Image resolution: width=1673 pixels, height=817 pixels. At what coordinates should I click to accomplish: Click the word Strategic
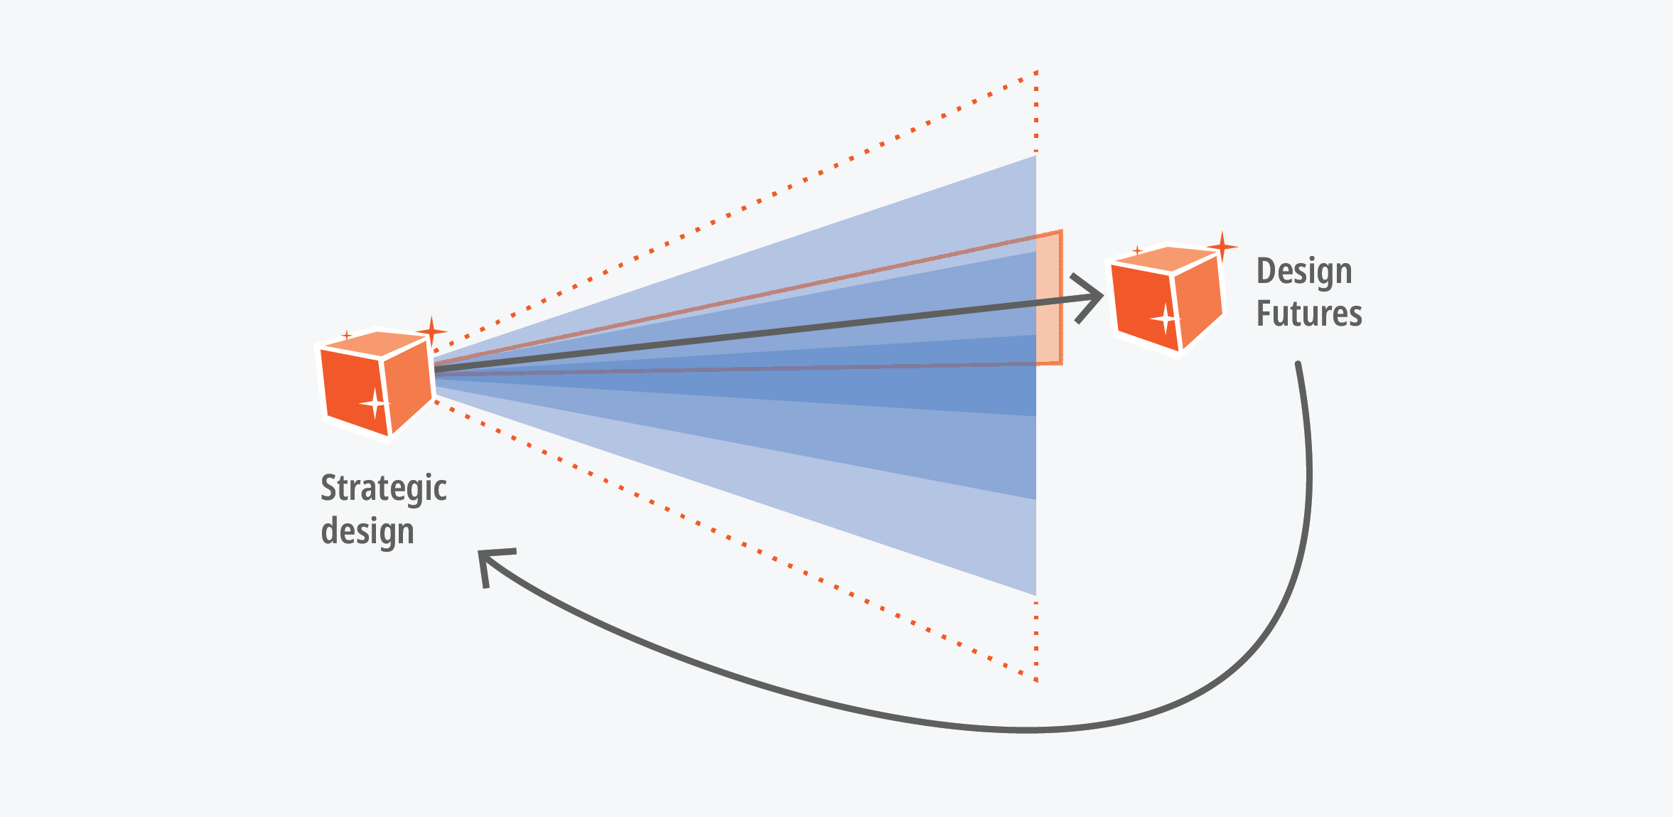coord(383,488)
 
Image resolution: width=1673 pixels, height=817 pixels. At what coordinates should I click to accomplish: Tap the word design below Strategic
coord(367,531)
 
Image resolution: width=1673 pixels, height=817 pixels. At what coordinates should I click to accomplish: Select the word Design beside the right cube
coord(1303,272)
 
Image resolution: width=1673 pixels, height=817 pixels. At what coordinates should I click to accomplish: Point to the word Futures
coord(1308,314)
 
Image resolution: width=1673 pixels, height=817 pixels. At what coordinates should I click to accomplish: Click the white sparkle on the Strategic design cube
coord(374,403)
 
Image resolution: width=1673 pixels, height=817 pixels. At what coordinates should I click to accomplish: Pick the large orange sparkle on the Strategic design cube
coord(431,331)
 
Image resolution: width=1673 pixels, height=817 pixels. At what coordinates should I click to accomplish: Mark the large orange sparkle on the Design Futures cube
coord(1222,247)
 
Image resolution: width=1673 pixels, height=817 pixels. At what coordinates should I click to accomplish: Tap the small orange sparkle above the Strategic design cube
coord(346,335)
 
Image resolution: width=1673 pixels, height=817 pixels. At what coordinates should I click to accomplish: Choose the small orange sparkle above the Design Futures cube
coord(1137,250)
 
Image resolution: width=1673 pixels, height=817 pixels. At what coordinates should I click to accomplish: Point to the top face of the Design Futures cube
coord(1166,257)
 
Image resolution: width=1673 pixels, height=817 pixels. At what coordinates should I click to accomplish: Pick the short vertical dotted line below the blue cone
coord(1036,640)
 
